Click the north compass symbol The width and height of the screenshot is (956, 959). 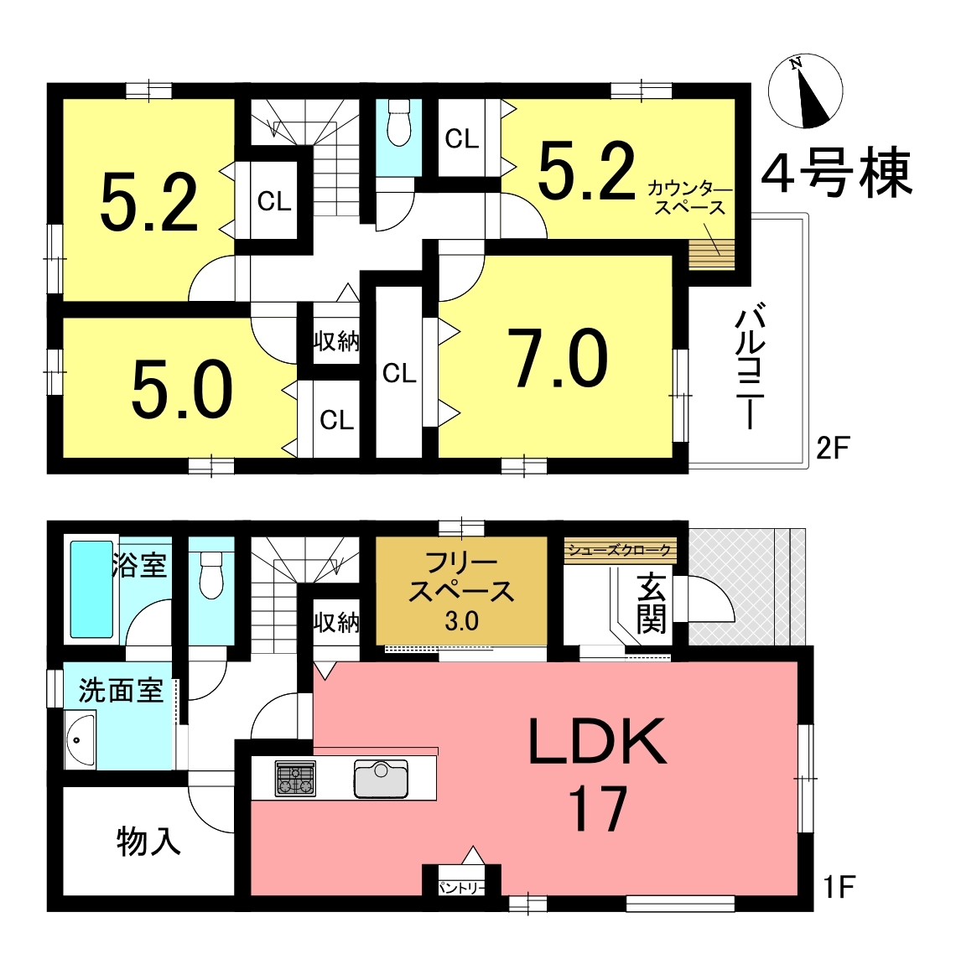(x=806, y=91)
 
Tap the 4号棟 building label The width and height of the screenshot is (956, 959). (x=837, y=173)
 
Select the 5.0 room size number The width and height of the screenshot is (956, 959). (x=182, y=389)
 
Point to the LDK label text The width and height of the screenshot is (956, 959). (x=598, y=742)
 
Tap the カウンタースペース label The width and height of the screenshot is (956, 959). (x=690, y=198)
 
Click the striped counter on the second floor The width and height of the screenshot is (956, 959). (x=711, y=255)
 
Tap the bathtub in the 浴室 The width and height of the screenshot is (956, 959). (x=91, y=589)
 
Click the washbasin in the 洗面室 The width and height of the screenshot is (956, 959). (x=81, y=739)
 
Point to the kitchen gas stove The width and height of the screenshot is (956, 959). (x=295, y=778)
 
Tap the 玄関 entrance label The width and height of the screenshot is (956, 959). (x=651, y=604)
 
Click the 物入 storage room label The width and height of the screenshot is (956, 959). (x=148, y=842)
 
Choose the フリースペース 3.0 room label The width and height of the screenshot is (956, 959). (x=461, y=592)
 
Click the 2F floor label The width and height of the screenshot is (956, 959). (x=833, y=448)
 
